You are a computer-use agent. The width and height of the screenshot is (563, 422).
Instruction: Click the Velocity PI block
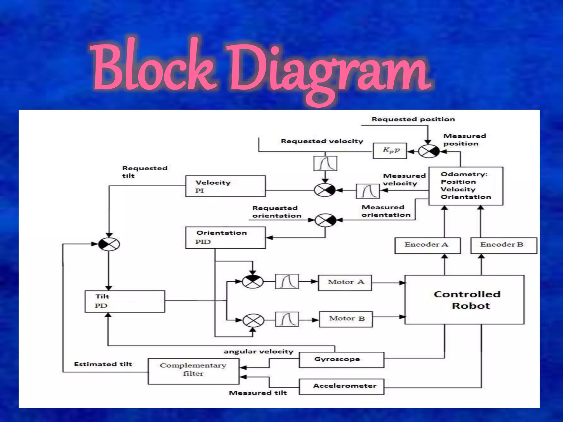pyautogui.click(x=225, y=186)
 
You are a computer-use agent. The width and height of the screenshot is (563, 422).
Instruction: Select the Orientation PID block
pyautogui.click(x=225, y=237)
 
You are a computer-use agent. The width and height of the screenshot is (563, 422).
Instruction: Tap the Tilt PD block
pyautogui.click(x=125, y=301)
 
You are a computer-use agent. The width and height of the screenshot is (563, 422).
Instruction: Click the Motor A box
pyautogui.click(x=345, y=282)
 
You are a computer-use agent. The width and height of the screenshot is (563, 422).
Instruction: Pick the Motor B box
pyautogui.click(x=346, y=319)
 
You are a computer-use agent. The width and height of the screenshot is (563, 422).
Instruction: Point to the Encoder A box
pyautogui.click(x=427, y=245)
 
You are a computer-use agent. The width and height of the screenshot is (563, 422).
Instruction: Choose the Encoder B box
pyautogui.click(x=504, y=245)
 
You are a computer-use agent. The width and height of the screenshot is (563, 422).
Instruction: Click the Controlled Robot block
pyautogui.click(x=465, y=299)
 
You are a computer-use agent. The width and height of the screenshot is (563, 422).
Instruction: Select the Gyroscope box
pyautogui.click(x=341, y=360)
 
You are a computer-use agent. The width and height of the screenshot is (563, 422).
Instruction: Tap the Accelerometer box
pyautogui.click(x=341, y=386)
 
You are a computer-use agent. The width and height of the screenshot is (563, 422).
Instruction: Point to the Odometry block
pyautogui.click(x=466, y=186)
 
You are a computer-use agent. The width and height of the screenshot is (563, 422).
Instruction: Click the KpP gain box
pyautogui.click(x=390, y=150)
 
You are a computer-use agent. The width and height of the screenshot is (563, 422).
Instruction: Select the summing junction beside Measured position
pyautogui.click(x=429, y=151)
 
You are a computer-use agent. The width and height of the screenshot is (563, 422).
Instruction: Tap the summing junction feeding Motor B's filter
pyautogui.click(x=253, y=320)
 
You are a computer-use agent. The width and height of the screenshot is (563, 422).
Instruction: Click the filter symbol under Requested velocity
pyautogui.click(x=325, y=163)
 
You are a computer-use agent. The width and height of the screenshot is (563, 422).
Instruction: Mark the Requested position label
pyautogui.click(x=413, y=119)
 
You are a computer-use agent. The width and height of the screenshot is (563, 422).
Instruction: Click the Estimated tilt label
pyautogui.click(x=103, y=364)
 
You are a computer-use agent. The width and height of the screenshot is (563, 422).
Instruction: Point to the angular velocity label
pyautogui.click(x=258, y=352)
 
